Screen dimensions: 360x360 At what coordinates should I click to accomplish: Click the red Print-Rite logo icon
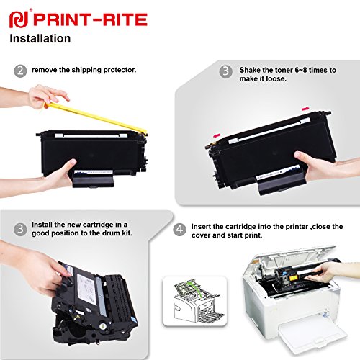pyautogui.click(x=17, y=17)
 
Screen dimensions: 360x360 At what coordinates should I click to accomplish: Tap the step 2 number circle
pyautogui.click(x=20, y=71)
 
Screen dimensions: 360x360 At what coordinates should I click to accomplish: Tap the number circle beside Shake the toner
pyautogui.click(x=225, y=71)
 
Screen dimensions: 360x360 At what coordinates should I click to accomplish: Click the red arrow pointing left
pyautogui.click(x=215, y=134)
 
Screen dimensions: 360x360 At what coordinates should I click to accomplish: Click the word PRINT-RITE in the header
pyautogui.click(x=70, y=17)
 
